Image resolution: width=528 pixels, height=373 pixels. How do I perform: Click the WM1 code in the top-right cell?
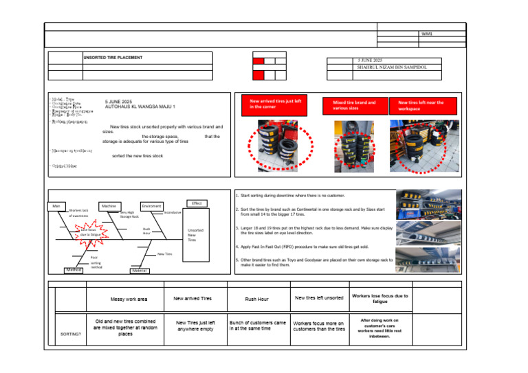click(x=427, y=33)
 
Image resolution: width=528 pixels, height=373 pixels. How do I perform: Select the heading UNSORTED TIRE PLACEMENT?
click(x=113, y=58)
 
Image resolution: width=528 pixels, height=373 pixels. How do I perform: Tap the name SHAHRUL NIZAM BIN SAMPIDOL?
click(x=393, y=68)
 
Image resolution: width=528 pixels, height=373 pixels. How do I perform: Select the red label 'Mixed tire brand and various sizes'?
click(x=354, y=105)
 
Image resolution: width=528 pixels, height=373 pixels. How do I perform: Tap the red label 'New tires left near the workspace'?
click(x=421, y=105)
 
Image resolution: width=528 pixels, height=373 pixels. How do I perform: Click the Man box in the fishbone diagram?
click(x=56, y=205)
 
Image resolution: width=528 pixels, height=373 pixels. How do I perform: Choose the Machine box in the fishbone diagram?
click(x=109, y=205)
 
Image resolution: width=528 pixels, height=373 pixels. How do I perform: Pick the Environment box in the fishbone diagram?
click(x=151, y=205)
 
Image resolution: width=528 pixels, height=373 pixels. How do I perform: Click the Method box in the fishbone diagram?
click(x=73, y=270)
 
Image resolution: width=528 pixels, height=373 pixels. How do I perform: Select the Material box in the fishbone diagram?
click(x=139, y=271)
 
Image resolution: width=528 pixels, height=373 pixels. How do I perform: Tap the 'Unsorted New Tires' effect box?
click(x=192, y=235)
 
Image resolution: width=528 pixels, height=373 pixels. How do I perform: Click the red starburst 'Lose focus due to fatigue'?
click(x=90, y=231)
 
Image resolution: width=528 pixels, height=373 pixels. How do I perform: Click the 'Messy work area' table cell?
click(x=129, y=299)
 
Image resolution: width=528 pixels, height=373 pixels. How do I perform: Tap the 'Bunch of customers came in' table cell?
click(x=258, y=325)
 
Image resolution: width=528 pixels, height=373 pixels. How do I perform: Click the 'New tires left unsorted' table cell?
click(x=319, y=297)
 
